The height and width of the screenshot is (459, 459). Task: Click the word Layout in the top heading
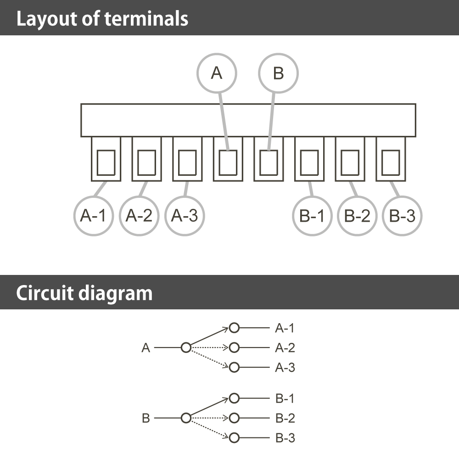pos(47,19)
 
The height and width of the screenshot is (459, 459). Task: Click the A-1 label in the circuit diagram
pos(285,328)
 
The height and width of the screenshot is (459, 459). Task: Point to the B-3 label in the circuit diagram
pos(285,438)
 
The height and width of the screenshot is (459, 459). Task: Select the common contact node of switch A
pos(186,347)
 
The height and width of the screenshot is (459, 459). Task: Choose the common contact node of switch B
pos(186,418)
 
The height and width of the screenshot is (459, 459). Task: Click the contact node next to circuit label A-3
pos(234,367)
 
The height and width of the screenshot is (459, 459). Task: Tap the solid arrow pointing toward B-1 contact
pos(210,408)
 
